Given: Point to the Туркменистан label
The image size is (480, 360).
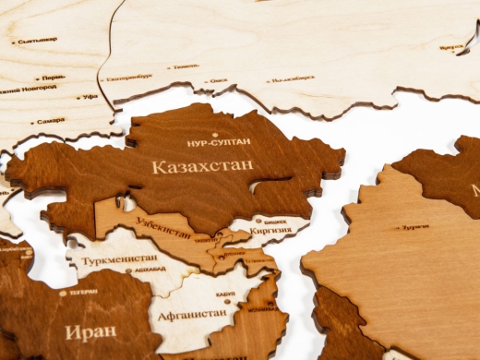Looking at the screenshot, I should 118,259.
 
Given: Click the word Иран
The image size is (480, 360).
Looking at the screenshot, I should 90,330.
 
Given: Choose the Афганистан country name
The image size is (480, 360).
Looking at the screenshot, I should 191,313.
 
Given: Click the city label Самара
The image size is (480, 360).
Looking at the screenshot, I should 51,121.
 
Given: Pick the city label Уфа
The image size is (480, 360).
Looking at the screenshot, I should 90,96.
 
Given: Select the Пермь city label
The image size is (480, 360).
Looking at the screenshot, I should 53,78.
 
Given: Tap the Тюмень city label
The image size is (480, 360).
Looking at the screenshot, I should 185,66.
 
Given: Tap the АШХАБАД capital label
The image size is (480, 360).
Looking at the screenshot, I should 152,270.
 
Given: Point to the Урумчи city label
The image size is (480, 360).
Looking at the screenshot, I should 416,226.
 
